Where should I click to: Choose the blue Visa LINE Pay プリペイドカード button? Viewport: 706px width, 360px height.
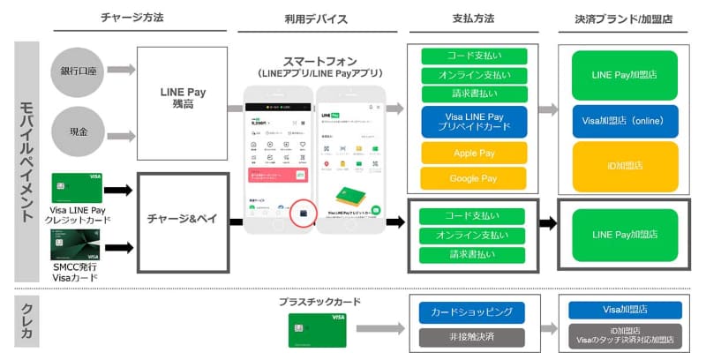pyautogui.click(x=474, y=122)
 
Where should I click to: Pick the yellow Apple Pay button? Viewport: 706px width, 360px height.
pyautogui.click(x=474, y=152)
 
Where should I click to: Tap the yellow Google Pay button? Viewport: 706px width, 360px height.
pyautogui.click(x=474, y=177)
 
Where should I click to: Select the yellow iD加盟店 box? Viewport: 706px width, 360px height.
pyautogui.click(x=624, y=165)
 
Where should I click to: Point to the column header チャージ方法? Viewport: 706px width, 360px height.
pyautogui.click(x=132, y=18)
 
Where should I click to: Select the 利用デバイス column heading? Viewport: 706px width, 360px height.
pyautogui.click(x=316, y=18)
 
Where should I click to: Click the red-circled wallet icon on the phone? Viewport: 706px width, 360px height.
pyautogui.click(x=304, y=214)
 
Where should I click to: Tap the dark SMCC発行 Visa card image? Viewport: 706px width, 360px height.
pyautogui.click(x=77, y=244)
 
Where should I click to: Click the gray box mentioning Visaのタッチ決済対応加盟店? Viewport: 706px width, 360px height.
pyautogui.click(x=625, y=335)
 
